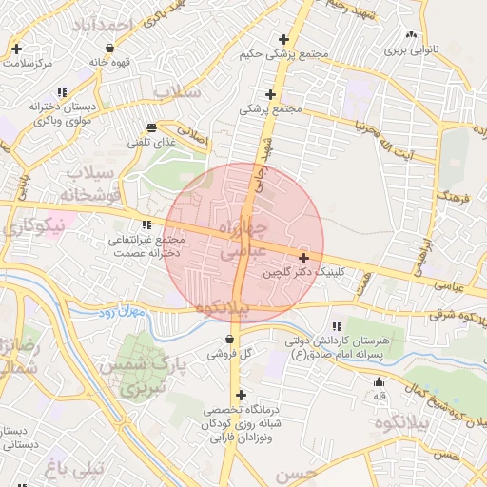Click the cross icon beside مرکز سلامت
point(17,49)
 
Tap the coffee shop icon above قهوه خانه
point(110,47)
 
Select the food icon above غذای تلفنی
point(151,127)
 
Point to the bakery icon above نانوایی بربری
point(412,34)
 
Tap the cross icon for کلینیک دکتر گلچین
point(303,258)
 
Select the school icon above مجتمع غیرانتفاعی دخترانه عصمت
point(146,225)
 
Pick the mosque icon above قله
point(380,382)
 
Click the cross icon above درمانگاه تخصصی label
point(240,396)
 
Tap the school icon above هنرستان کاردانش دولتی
point(339,326)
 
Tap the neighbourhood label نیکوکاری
point(33,226)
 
